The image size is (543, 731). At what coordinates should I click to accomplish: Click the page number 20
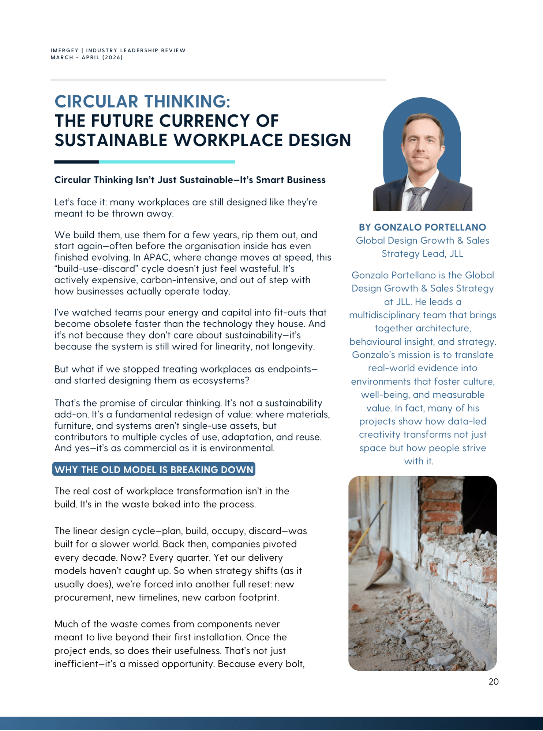493,682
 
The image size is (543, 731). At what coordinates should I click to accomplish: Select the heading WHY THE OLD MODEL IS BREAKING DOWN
154,470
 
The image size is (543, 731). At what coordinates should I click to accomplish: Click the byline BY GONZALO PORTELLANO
422,227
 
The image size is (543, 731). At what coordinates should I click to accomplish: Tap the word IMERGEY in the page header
64,50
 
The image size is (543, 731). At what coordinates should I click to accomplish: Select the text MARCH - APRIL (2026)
87,58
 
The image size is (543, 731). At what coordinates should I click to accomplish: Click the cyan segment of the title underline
166,162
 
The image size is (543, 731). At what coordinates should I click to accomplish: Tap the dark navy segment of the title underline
76,162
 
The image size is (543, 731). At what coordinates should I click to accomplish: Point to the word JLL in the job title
456,254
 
